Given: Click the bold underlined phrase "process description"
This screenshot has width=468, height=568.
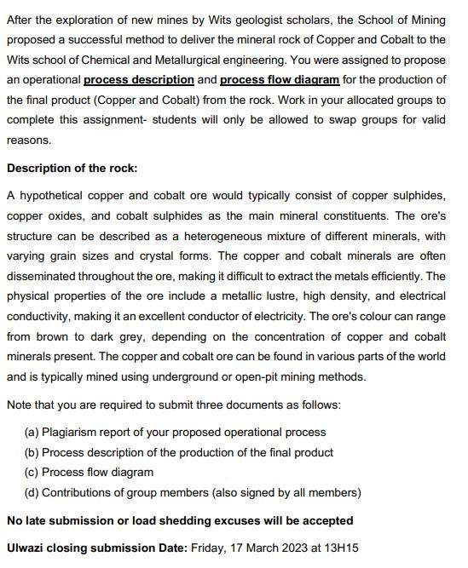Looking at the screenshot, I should (x=139, y=79).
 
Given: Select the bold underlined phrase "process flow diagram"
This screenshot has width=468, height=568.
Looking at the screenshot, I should (x=280, y=79).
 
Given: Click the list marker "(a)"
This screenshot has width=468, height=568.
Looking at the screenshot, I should (x=32, y=433).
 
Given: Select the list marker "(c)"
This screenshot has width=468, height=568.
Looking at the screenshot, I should (x=32, y=472).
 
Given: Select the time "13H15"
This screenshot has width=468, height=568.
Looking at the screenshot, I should (x=341, y=548).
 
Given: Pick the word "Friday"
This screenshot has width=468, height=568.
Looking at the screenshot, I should (x=209, y=548).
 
